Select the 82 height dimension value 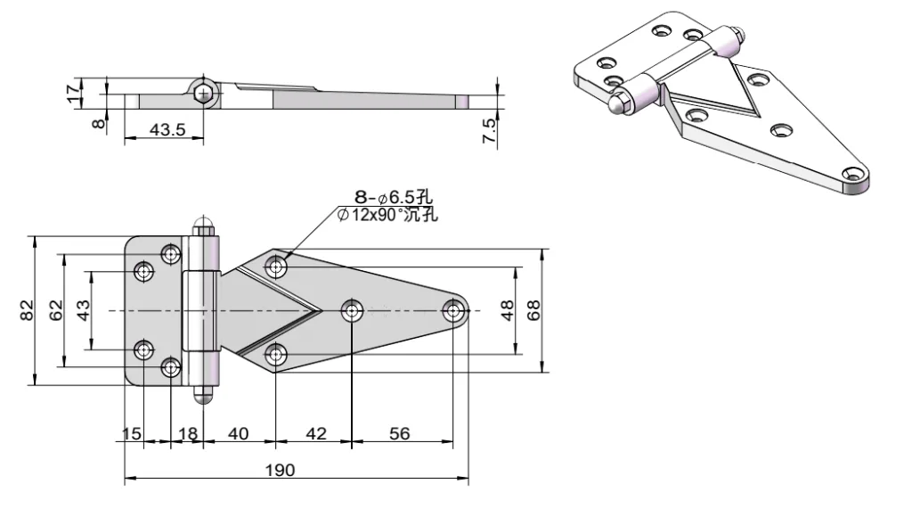[x=27, y=310]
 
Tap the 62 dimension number [x=56, y=310]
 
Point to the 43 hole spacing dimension [x=84, y=310]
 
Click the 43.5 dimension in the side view [x=167, y=130]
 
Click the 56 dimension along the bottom [x=400, y=433]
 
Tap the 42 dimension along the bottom [x=315, y=433]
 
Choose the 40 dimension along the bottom [x=239, y=433]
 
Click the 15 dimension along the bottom [x=132, y=433]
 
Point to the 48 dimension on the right [x=507, y=310]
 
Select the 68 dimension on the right [x=534, y=310]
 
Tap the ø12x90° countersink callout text [x=388, y=214]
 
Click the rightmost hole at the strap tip [x=455, y=310]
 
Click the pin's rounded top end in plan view [x=205, y=223]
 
